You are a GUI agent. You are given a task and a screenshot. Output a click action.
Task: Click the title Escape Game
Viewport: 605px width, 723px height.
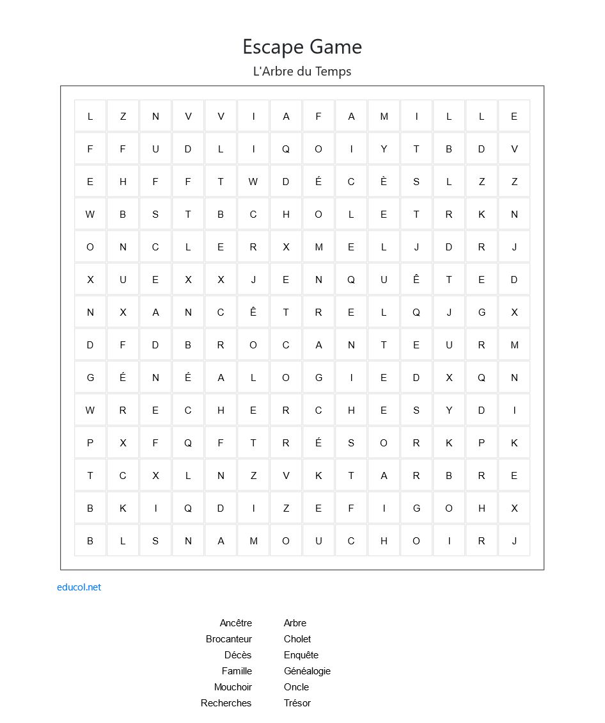302,47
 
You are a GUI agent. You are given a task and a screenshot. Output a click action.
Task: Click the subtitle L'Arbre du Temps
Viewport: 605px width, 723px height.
302,71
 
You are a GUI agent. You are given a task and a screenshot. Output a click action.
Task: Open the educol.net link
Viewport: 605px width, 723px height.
79,587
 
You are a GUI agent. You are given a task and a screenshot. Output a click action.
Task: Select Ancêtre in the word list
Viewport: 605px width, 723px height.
235,623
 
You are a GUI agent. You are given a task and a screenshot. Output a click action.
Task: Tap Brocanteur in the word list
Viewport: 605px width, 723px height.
228,639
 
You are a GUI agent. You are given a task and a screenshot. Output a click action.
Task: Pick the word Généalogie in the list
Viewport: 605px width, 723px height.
307,671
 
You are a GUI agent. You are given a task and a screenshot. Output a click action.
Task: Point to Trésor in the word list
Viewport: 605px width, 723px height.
297,703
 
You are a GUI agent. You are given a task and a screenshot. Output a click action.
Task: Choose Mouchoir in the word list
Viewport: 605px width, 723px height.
233,687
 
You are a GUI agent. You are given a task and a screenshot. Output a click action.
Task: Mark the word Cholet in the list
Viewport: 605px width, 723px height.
297,639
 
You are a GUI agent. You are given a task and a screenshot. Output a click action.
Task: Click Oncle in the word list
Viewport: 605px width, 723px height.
296,687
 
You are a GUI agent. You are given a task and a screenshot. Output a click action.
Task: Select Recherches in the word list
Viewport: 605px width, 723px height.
226,703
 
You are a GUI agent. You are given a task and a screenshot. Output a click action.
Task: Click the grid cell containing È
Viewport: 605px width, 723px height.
384,182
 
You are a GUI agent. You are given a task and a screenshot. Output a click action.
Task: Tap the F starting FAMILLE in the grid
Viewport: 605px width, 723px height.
318,117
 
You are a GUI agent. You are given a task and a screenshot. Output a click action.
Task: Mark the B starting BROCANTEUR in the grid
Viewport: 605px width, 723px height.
188,345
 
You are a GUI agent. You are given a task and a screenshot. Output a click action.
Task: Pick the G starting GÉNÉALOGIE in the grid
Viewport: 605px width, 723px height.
90,378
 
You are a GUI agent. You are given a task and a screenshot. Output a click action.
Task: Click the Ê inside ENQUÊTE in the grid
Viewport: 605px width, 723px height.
416,280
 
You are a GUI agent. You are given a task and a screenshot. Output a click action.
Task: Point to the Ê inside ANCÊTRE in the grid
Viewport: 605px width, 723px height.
253,313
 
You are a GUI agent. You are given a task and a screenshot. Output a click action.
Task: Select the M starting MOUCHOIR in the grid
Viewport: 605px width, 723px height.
253,541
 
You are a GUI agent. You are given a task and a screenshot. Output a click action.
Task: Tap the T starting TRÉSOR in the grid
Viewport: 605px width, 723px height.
253,443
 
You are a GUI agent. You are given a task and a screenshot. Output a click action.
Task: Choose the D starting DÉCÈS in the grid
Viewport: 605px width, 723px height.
286,182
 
